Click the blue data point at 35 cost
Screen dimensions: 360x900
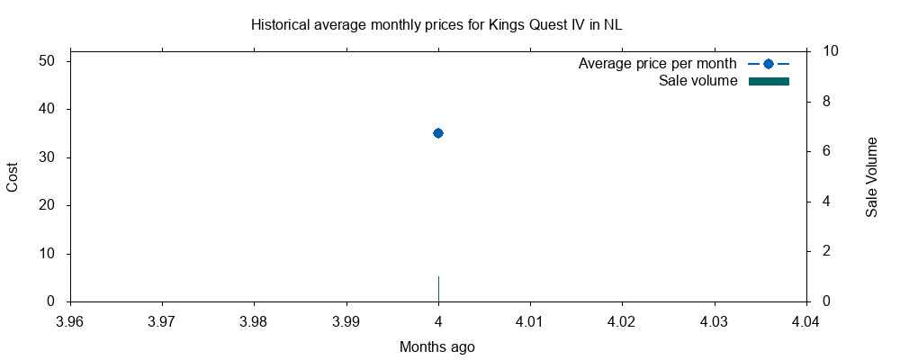[438, 133]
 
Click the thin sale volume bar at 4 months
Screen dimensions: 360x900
[438, 289]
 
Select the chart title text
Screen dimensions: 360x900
[436, 25]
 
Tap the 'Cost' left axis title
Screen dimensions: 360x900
[13, 176]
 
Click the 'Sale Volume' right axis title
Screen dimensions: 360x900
[871, 177]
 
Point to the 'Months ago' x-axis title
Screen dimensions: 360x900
[436, 346]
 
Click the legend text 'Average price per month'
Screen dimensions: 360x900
[658, 64]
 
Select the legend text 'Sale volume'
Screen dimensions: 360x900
[698, 81]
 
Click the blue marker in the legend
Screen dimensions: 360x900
[769, 64]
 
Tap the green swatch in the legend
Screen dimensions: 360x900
[769, 82]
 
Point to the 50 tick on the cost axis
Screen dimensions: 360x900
[48, 61]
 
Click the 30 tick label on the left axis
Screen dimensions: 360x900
[48, 157]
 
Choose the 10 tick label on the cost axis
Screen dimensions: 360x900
[48, 254]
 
